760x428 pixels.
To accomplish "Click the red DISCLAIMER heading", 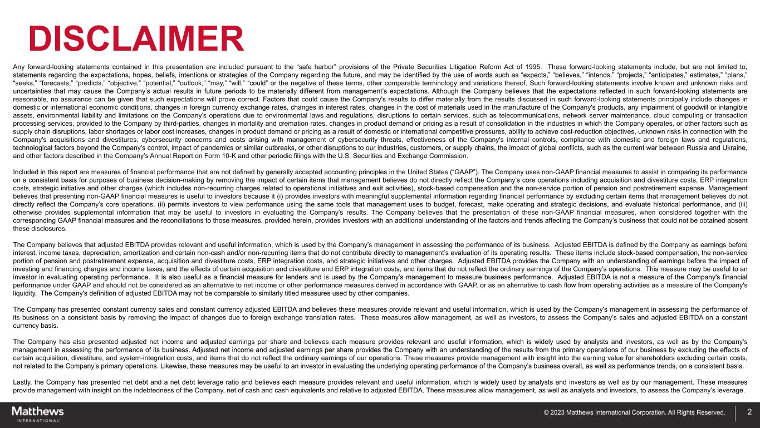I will point(136,38).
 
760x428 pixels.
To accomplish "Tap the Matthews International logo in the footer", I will point(38,414).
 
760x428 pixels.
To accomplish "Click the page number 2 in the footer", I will point(749,412).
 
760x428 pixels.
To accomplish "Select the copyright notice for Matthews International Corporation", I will point(635,413).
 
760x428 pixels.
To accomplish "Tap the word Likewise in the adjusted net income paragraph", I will point(201,367).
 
